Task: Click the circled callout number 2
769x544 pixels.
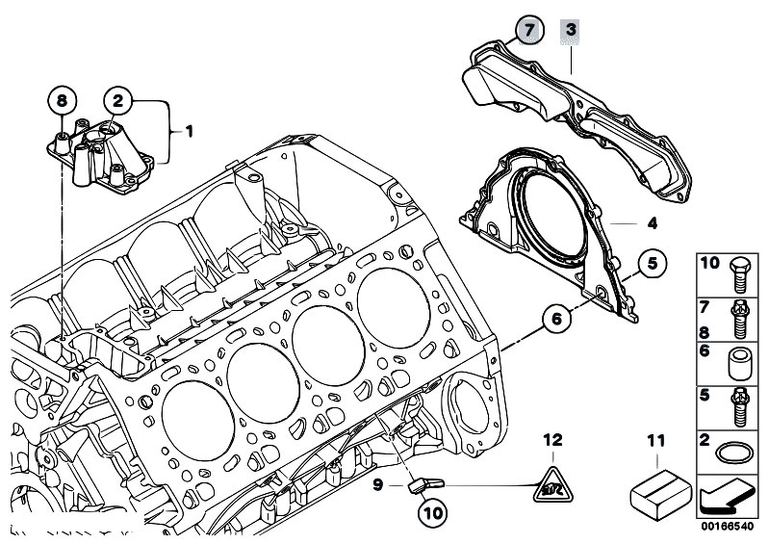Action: coord(118,98)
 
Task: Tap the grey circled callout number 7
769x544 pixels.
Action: coord(527,30)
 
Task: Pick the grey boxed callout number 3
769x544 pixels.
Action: coord(571,30)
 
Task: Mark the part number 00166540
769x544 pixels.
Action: coord(728,528)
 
